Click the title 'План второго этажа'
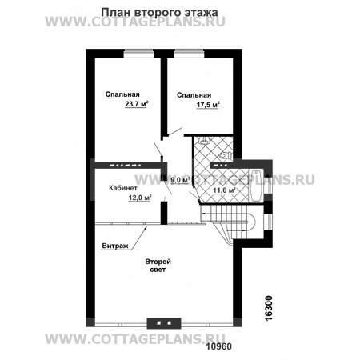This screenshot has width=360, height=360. point(159,13)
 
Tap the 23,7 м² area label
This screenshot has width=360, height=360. point(137,104)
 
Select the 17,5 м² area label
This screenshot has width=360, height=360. point(208,105)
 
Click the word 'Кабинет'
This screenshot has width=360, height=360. point(123,188)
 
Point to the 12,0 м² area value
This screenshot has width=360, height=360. point(140,198)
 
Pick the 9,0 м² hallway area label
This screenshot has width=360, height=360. point(180,180)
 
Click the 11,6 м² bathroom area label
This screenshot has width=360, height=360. point(224,190)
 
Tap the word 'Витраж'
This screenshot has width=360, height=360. point(115,246)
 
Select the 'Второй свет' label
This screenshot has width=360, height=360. point(158,266)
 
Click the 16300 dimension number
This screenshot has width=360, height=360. point(270,308)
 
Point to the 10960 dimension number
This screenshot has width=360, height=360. point(219,346)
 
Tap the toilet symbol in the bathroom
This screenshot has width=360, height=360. point(226,156)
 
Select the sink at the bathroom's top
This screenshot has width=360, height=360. point(205,140)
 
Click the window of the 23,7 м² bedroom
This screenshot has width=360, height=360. point(139,54)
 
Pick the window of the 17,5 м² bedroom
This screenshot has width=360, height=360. point(189,54)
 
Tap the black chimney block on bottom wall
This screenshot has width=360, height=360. point(164,323)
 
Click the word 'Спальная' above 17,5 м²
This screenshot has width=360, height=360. point(194,95)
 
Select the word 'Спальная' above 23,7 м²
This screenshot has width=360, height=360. point(122,94)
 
